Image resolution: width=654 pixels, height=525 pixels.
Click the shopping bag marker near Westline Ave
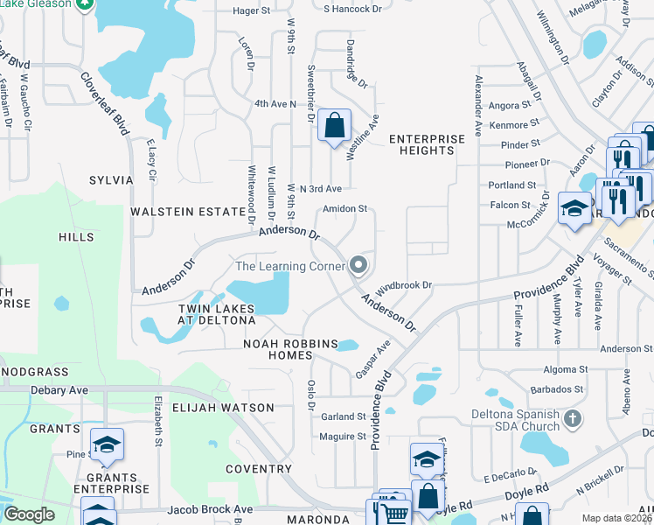click(x=334, y=125)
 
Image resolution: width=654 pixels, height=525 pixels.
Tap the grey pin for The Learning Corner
click(x=358, y=265)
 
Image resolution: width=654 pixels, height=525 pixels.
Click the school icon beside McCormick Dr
click(x=574, y=209)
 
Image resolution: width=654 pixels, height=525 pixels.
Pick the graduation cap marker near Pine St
click(x=107, y=445)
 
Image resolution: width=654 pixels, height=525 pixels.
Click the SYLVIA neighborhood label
click(x=111, y=180)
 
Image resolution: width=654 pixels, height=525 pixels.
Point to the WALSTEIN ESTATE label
click(x=188, y=212)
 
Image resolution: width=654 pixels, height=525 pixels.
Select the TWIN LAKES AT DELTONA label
click(x=216, y=315)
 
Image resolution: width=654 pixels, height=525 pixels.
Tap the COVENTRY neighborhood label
click(x=259, y=469)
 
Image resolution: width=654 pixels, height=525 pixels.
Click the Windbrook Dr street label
click(x=405, y=286)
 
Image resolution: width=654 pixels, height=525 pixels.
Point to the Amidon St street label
click(x=344, y=209)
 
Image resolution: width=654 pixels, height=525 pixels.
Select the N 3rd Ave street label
click(x=319, y=188)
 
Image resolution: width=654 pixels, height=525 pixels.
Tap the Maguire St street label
click(x=342, y=435)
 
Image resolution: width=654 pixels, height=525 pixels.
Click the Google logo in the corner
click(x=29, y=514)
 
